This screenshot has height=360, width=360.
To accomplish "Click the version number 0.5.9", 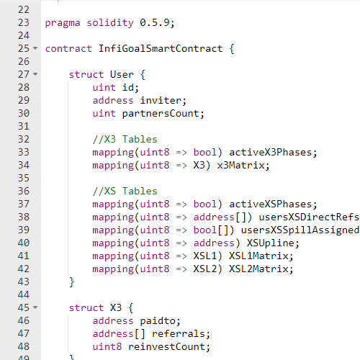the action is pos(155,23).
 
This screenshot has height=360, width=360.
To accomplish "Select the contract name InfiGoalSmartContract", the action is pos(161,48).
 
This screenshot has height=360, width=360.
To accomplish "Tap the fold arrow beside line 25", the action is pos(35,48).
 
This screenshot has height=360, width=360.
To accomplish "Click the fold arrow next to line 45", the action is pos(35,307).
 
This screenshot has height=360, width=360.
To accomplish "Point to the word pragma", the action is pos(63,24).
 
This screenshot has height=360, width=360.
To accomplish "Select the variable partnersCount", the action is pos(161,114).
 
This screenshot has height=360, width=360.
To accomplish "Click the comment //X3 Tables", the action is pos(125,139).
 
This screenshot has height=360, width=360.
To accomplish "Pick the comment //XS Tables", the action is pos(125,191).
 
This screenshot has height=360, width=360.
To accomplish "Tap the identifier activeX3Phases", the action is pos(270,152).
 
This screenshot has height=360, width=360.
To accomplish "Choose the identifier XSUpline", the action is pos(270,243).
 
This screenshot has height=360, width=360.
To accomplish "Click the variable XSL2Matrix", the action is pos(258,269).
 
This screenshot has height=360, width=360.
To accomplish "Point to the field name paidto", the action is pos(158,321).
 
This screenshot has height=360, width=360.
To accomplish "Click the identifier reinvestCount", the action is pos(166,346).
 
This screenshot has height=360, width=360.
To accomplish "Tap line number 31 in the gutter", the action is pos(24,126).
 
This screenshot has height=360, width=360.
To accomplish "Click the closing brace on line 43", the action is pos(71,282).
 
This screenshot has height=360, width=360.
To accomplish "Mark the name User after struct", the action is pos(122,74).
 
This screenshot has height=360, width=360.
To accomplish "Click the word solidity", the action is pos(110,23).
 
